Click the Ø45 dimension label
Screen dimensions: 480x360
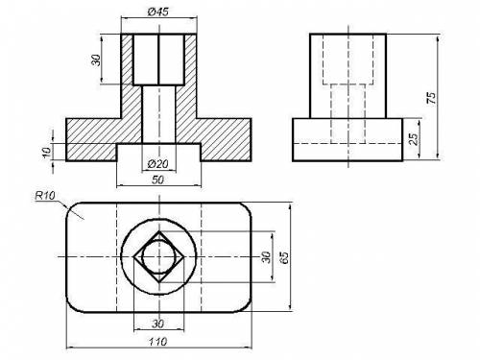[158, 12]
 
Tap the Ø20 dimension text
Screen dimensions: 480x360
[158, 164]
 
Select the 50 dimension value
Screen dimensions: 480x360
[157, 180]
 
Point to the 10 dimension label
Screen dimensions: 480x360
[47, 153]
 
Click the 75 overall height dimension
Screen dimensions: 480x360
[431, 98]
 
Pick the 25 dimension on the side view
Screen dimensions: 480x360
[414, 139]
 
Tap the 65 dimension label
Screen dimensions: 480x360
[284, 257]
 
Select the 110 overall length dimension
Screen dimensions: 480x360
[158, 342]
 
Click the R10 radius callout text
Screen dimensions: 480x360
[45, 195]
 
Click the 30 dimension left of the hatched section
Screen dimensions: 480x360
[96, 60]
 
